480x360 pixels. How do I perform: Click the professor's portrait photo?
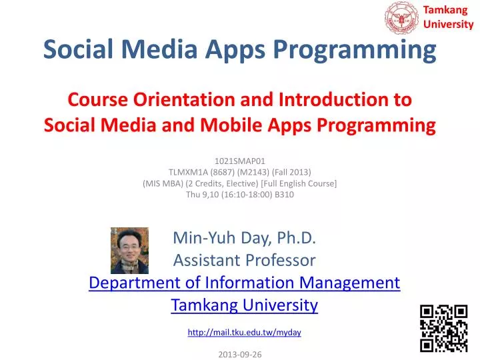pyautogui.click(x=129, y=250)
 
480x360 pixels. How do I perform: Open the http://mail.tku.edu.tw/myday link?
pyautogui.click(x=244, y=332)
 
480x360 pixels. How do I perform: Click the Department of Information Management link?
pyautogui.click(x=244, y=283)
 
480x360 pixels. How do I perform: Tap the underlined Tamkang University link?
pyautogui.click(x=244, y=305)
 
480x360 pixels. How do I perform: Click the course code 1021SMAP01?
pyautogui.click(x=240, y=161)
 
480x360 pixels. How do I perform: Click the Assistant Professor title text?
pyautogui.click(x=244, y=261)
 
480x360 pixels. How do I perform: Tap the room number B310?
pyautogui.click(x=284, y=195)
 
